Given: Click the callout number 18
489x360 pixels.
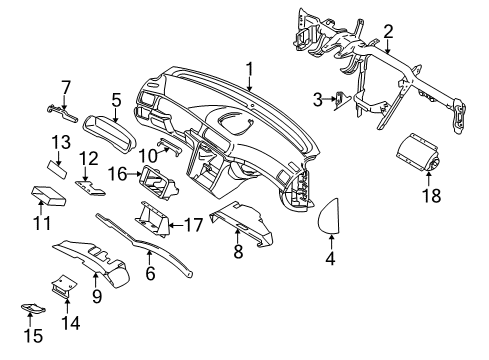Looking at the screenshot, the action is tap(432, 195).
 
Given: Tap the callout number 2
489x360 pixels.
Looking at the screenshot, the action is tap(388, 32).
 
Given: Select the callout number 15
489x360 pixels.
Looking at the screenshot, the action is tap(33, 336).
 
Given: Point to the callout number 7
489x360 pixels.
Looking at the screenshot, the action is tap(66, 88).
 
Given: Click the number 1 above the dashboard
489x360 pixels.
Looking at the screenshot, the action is tap(249, 70).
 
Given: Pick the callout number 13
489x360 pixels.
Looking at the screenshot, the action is tap(61, 142).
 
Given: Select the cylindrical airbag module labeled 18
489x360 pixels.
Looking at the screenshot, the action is tap(418, 153).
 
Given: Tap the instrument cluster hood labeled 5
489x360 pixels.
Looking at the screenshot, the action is tap(111, 134).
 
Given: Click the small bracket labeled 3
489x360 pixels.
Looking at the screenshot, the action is tap(342, 100).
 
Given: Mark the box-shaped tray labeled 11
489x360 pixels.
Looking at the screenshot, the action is tap(48, 197).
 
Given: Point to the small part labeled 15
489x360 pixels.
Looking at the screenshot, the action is tap(33, 308).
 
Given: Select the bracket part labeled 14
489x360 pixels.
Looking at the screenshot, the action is tap(64, 286).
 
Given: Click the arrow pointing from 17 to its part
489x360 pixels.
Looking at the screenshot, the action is tap(176, 225).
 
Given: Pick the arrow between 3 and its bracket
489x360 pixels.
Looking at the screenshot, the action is tap(329, 99).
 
